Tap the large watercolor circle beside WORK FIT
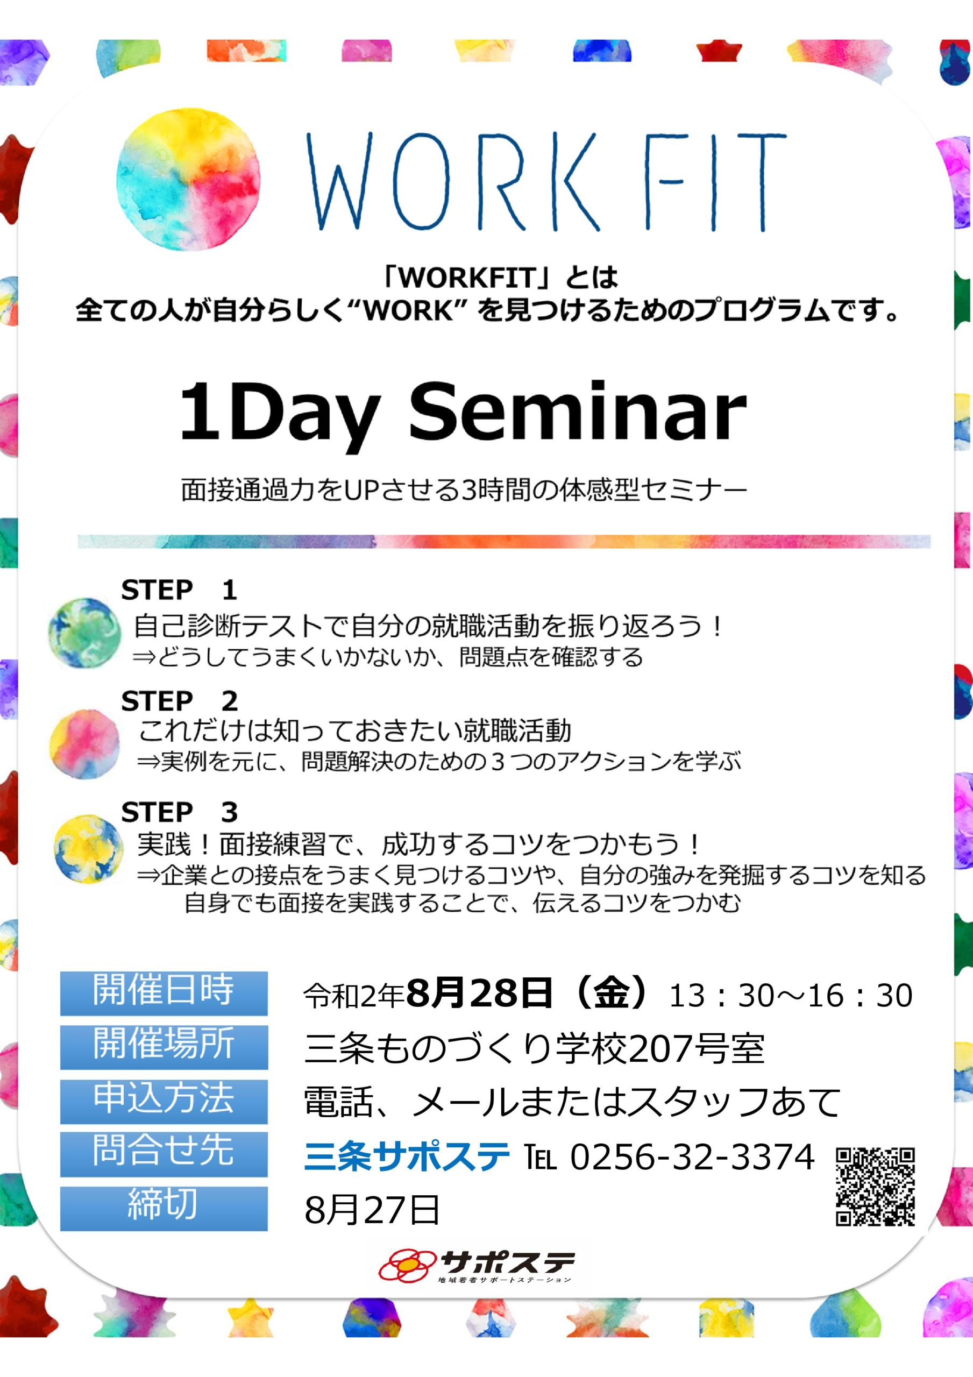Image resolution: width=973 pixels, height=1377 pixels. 189,179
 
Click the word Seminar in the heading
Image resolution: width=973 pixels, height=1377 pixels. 578,413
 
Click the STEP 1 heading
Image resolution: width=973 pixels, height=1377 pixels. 179,590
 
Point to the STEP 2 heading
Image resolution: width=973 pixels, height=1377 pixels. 179,701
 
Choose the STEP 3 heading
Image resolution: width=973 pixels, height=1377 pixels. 179,812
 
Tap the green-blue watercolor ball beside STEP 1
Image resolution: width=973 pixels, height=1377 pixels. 84,633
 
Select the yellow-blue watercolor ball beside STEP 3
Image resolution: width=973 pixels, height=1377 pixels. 88,849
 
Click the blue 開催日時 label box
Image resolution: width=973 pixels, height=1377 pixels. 164,993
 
